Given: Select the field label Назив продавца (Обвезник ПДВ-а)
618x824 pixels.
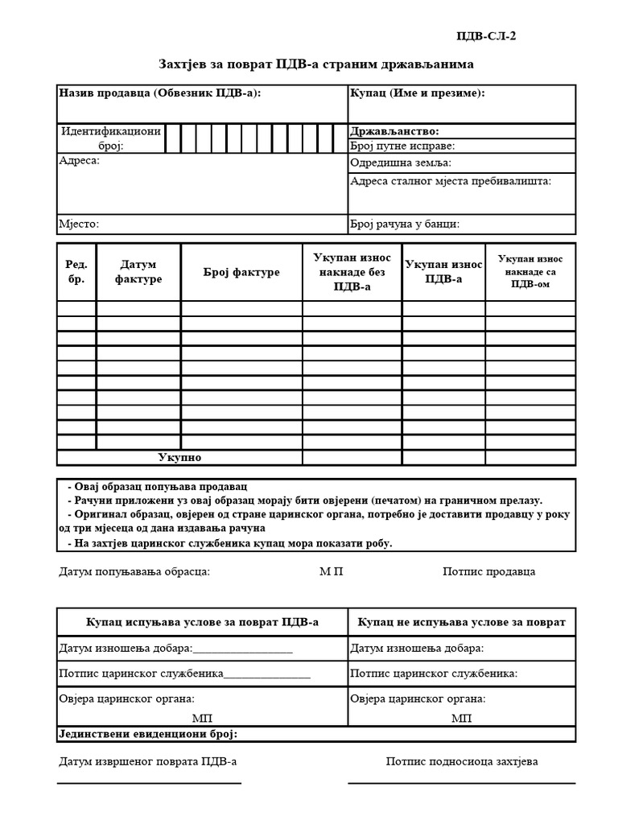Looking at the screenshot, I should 160,93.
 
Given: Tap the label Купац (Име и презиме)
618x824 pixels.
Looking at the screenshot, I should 417,93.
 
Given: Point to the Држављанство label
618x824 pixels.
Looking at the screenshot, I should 394,131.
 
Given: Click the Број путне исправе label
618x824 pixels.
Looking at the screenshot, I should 402,146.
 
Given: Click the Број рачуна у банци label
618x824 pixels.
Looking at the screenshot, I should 405,225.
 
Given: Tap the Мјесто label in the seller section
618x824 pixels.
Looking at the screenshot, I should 79,225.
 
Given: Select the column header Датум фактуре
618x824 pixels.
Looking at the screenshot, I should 138,272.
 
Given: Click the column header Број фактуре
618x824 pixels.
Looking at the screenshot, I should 241,272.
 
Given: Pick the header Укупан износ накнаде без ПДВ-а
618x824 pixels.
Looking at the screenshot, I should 352,272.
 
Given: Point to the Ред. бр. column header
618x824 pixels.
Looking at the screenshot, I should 76,272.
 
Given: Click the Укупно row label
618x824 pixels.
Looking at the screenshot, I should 179,458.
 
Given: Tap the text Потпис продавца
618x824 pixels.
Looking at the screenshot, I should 488,572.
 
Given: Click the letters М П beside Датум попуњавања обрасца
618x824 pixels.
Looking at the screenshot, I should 331,572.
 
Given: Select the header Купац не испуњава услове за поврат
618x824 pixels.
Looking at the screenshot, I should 462,622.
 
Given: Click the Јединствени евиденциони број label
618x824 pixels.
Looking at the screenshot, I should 149,735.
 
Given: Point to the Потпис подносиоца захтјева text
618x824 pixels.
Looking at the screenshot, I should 462,761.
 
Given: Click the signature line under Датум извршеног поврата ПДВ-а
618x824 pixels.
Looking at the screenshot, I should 149,782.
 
